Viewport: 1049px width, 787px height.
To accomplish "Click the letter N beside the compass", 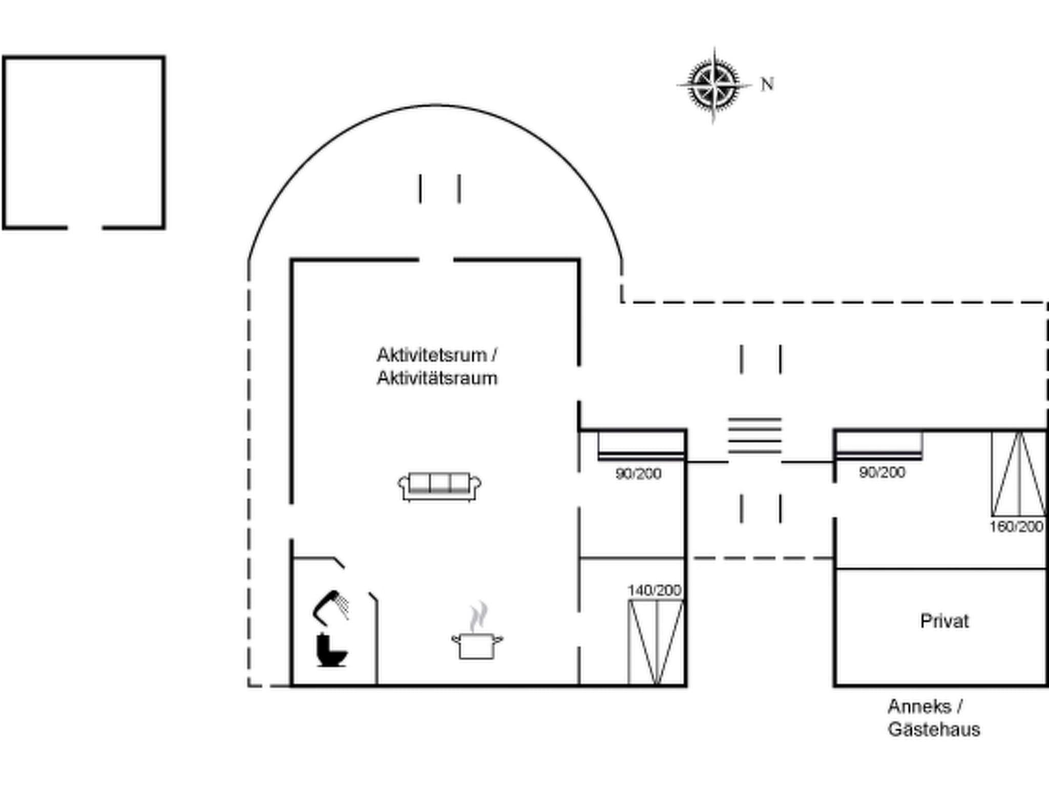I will pos(767,84).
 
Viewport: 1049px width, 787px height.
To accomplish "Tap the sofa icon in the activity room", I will pos(439,486).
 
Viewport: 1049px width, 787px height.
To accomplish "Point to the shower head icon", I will pos(331,607).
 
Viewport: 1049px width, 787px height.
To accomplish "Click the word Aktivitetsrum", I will pos(432,355).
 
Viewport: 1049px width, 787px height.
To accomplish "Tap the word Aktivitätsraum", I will pos(437,378).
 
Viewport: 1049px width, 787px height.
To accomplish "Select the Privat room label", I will pos(944,621).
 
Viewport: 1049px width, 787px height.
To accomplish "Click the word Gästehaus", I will pos(934,729).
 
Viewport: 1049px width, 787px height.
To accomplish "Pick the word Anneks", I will pos(919,707).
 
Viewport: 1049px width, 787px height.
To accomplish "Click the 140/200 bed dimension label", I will pos(654,590).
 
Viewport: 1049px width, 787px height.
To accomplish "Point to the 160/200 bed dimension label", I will pos(1016,526).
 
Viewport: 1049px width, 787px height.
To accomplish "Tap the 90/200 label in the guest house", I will pos(882,472).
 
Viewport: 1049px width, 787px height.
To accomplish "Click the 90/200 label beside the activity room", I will pos(638,473).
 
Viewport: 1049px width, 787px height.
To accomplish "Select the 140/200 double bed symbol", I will pos(656,643).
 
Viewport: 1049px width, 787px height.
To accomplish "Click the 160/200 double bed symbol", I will pos(1019,474).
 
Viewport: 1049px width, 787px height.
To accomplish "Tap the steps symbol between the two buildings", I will pos(755,436).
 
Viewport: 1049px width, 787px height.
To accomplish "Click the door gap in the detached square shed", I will pos(85,227).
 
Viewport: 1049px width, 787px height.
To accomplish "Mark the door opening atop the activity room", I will pos(436,260).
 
